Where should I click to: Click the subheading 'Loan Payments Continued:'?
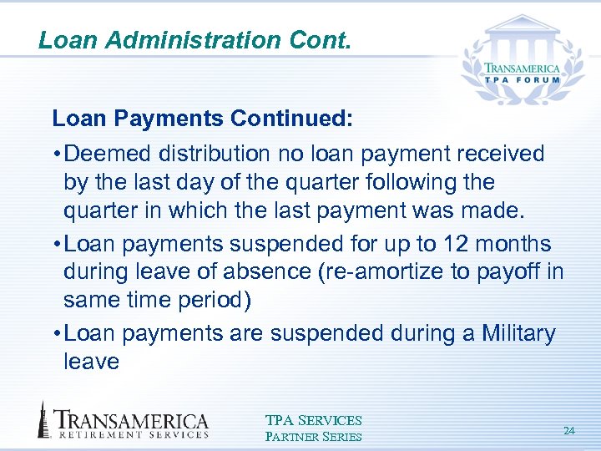coord(203,119)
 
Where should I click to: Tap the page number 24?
coord(569,431)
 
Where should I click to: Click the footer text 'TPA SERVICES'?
coord(313,421)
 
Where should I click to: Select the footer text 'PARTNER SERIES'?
coord(313,437)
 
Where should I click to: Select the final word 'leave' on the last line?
coord(91,362)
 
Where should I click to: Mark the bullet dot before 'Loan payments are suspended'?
coord(56,334)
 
